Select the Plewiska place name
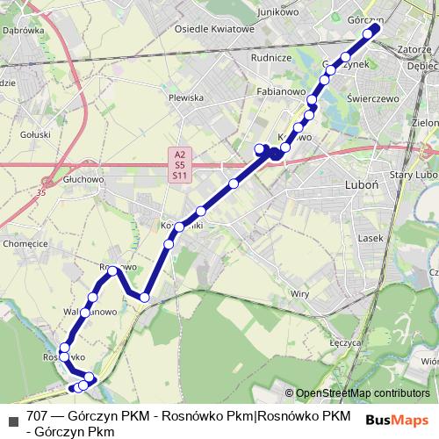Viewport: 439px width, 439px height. (186, 98)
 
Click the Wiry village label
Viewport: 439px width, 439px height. (300, 292)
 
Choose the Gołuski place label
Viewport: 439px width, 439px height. (35, 137)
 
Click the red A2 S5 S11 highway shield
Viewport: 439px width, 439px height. (179, 164)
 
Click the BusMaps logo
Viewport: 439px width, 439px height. (397, 420)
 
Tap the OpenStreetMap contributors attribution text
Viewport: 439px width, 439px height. (362, 393)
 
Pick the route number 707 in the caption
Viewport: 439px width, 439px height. (38, 415)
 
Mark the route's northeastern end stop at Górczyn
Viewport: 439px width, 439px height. (376, 27)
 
